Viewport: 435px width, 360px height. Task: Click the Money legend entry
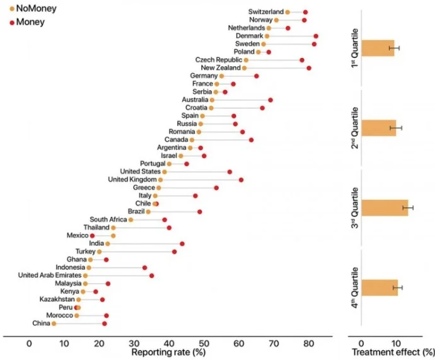point(25,23)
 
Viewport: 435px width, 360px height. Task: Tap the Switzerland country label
point(265,12)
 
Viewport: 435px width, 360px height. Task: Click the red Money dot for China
point(105,323)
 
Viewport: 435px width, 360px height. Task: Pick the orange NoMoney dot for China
point(54,323)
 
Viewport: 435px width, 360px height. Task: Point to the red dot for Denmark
point(316,37)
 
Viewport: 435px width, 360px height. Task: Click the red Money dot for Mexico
point(92,235)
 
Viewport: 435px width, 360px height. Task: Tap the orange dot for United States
point(165,171)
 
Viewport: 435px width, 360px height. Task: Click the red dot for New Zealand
point(309,67)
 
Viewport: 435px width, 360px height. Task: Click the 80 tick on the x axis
point(308,345)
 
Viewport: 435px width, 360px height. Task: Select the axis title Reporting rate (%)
point(168,353)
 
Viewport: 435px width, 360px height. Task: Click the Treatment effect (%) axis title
point(393,353)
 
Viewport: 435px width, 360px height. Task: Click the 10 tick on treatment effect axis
point(395,345)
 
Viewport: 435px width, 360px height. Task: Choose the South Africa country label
point(108,219)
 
